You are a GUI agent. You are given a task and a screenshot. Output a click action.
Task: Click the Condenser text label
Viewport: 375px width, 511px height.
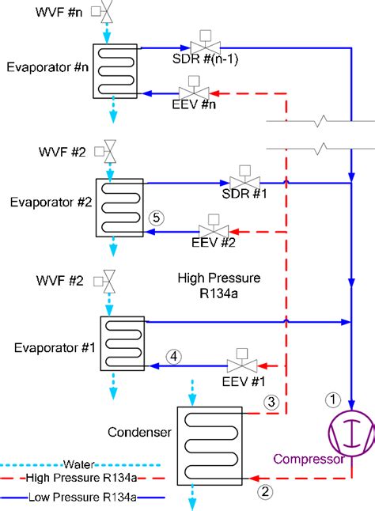[139, 433]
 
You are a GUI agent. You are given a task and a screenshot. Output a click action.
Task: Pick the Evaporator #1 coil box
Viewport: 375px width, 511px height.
[122, 343]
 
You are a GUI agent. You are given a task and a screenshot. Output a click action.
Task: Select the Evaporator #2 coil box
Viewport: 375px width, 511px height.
[121, 206]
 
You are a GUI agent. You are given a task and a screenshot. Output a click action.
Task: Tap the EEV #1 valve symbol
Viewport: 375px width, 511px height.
[240, 365]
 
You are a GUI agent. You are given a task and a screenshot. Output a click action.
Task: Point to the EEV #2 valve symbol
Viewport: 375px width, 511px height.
[213, 231]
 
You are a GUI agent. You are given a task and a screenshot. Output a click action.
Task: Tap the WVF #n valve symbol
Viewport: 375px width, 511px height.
[104, 13]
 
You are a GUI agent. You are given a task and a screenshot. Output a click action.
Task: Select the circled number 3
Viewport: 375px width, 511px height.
[271, 402]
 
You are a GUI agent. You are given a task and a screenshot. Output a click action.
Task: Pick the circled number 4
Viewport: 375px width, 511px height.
[174, 356]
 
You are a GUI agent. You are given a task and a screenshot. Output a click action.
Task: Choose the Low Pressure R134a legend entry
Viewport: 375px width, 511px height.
[72, 497]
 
